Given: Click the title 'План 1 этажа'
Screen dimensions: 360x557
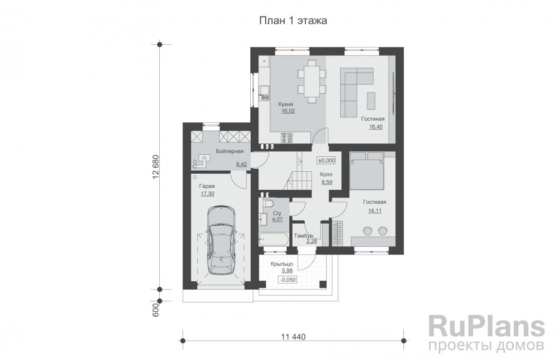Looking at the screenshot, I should (x=292, y=21).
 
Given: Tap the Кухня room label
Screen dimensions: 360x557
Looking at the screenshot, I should (x=286, y=104).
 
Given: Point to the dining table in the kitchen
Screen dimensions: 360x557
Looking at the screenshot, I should (x=311, y=81).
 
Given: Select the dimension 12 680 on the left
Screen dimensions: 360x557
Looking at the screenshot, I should (x=156, y=167).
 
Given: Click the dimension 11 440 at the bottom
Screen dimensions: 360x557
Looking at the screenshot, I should (x=293, y=337).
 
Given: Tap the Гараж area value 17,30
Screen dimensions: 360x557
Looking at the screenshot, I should (x=208, y=194).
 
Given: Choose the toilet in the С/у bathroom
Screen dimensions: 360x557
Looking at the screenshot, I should (x=267, y=207).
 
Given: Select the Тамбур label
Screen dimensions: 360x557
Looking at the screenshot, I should (x=304, y=236).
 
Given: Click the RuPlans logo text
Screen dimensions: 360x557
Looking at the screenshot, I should (x=486, y=327).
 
